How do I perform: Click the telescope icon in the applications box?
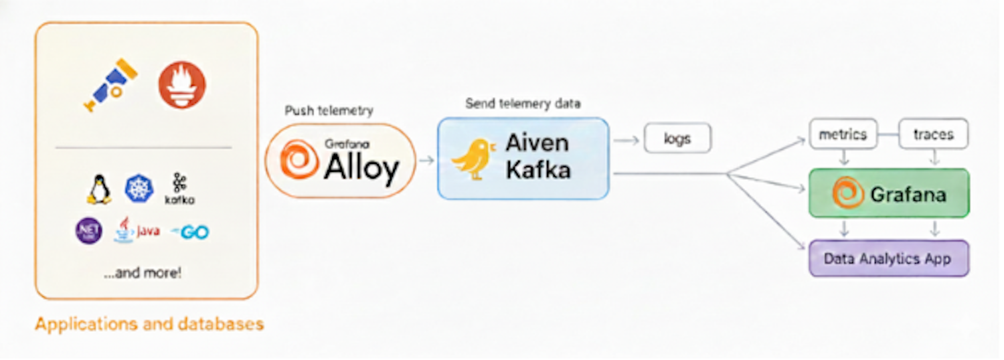111,85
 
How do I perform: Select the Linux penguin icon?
99,189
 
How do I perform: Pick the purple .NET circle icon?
88,232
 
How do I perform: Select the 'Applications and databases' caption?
149,325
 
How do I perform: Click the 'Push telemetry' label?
329,110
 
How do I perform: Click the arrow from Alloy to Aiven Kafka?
426,161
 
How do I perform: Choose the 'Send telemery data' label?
523,104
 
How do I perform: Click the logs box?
677,139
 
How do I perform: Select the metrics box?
843,134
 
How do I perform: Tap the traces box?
933,134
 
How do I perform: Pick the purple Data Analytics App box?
888,258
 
